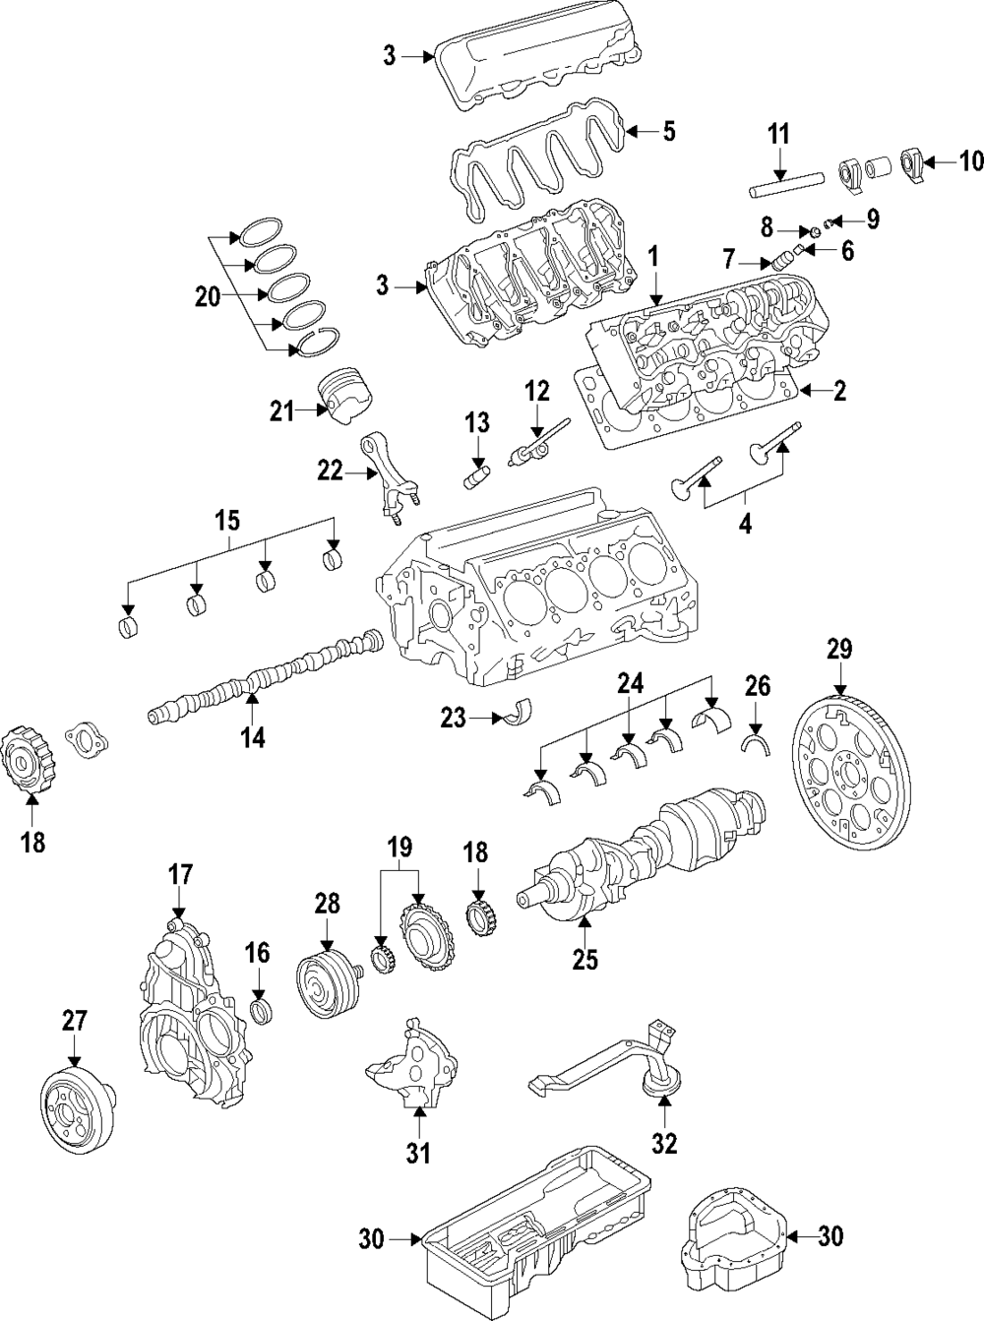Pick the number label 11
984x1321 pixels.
tap(778, 133)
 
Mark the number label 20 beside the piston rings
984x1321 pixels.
tap(208, 296)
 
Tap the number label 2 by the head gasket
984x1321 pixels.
tap(839, 392)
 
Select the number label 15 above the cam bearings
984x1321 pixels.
tap(228, 519)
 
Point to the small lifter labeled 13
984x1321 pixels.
tap(476, 478)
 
